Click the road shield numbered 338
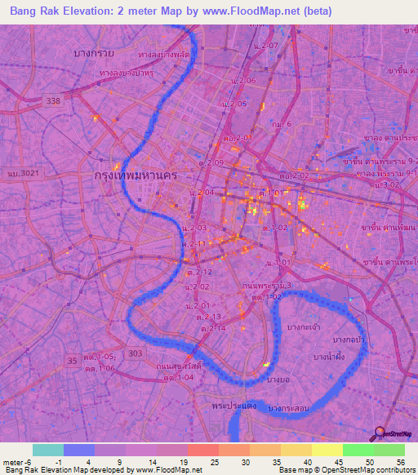[x=54, y=100]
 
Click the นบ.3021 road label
[x=24, y=174]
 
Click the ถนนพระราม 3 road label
[x=267, y=285]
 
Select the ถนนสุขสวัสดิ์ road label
[x=179, y=366]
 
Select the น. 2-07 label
[x=265, y=46]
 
